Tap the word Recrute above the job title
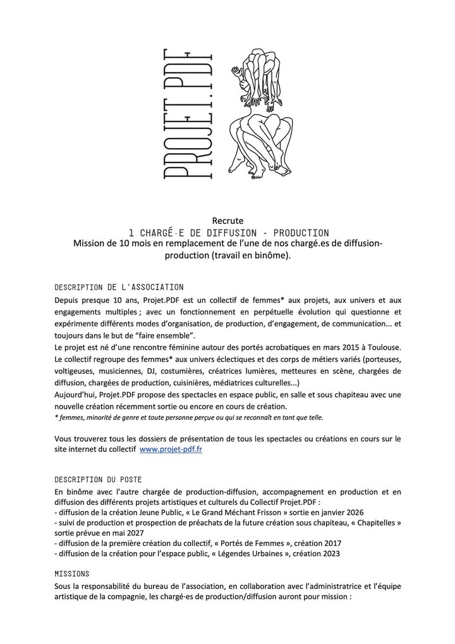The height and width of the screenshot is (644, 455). coord(227,221)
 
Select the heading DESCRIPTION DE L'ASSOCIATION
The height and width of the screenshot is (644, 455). coord(119,287)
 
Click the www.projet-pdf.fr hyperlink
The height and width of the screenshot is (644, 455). coord(171,449)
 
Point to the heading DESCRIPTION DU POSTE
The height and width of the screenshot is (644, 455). coord(98,479)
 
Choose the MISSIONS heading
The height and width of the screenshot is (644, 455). coord(71,574)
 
